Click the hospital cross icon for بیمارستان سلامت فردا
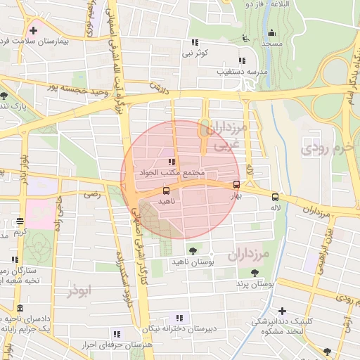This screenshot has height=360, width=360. [33, 31]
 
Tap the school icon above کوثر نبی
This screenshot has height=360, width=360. [195, 42]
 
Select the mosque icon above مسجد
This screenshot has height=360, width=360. [271, 32]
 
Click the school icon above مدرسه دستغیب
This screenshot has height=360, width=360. [243, 61]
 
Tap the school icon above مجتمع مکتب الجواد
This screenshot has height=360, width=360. [172, 162]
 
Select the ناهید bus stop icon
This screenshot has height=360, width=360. [166, 191]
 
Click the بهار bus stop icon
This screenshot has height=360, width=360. [236, 185]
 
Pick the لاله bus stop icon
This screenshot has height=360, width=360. [274, 197]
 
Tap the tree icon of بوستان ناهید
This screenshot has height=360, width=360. [193, 250]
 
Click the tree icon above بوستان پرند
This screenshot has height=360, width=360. [254, 273]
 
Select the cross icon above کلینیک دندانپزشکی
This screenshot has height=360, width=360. [282, 311]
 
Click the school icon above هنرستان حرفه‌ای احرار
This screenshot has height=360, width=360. [116, 333]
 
